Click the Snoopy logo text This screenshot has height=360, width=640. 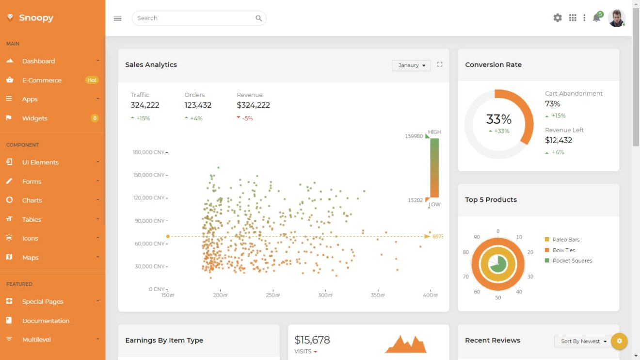pos(36,18)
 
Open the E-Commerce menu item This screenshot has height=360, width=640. pos(42,80)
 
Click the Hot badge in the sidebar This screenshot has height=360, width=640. pos(92,80)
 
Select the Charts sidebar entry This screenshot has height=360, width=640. pos(32,200)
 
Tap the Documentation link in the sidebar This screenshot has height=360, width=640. pos(46,321)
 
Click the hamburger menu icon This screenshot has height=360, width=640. pos(117,18)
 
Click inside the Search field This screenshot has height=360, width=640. pos(194,18)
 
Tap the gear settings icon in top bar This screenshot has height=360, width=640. pos(558,18)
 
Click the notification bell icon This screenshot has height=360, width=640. pos(596,18)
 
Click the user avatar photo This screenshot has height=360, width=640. pos(616,18)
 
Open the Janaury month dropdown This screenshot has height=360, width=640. pos(411,65)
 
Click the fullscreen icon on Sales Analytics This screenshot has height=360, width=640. pos(440,64)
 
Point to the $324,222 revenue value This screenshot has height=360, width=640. pos(253,105)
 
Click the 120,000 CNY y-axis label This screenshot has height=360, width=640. pos(149,198)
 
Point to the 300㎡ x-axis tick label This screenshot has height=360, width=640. pos(325,295)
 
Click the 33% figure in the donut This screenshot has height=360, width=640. pos(499,119)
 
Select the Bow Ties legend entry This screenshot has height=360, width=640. pos(563,250)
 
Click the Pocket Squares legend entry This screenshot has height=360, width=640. pos(572,261)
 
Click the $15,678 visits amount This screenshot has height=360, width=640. pos(312,340)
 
